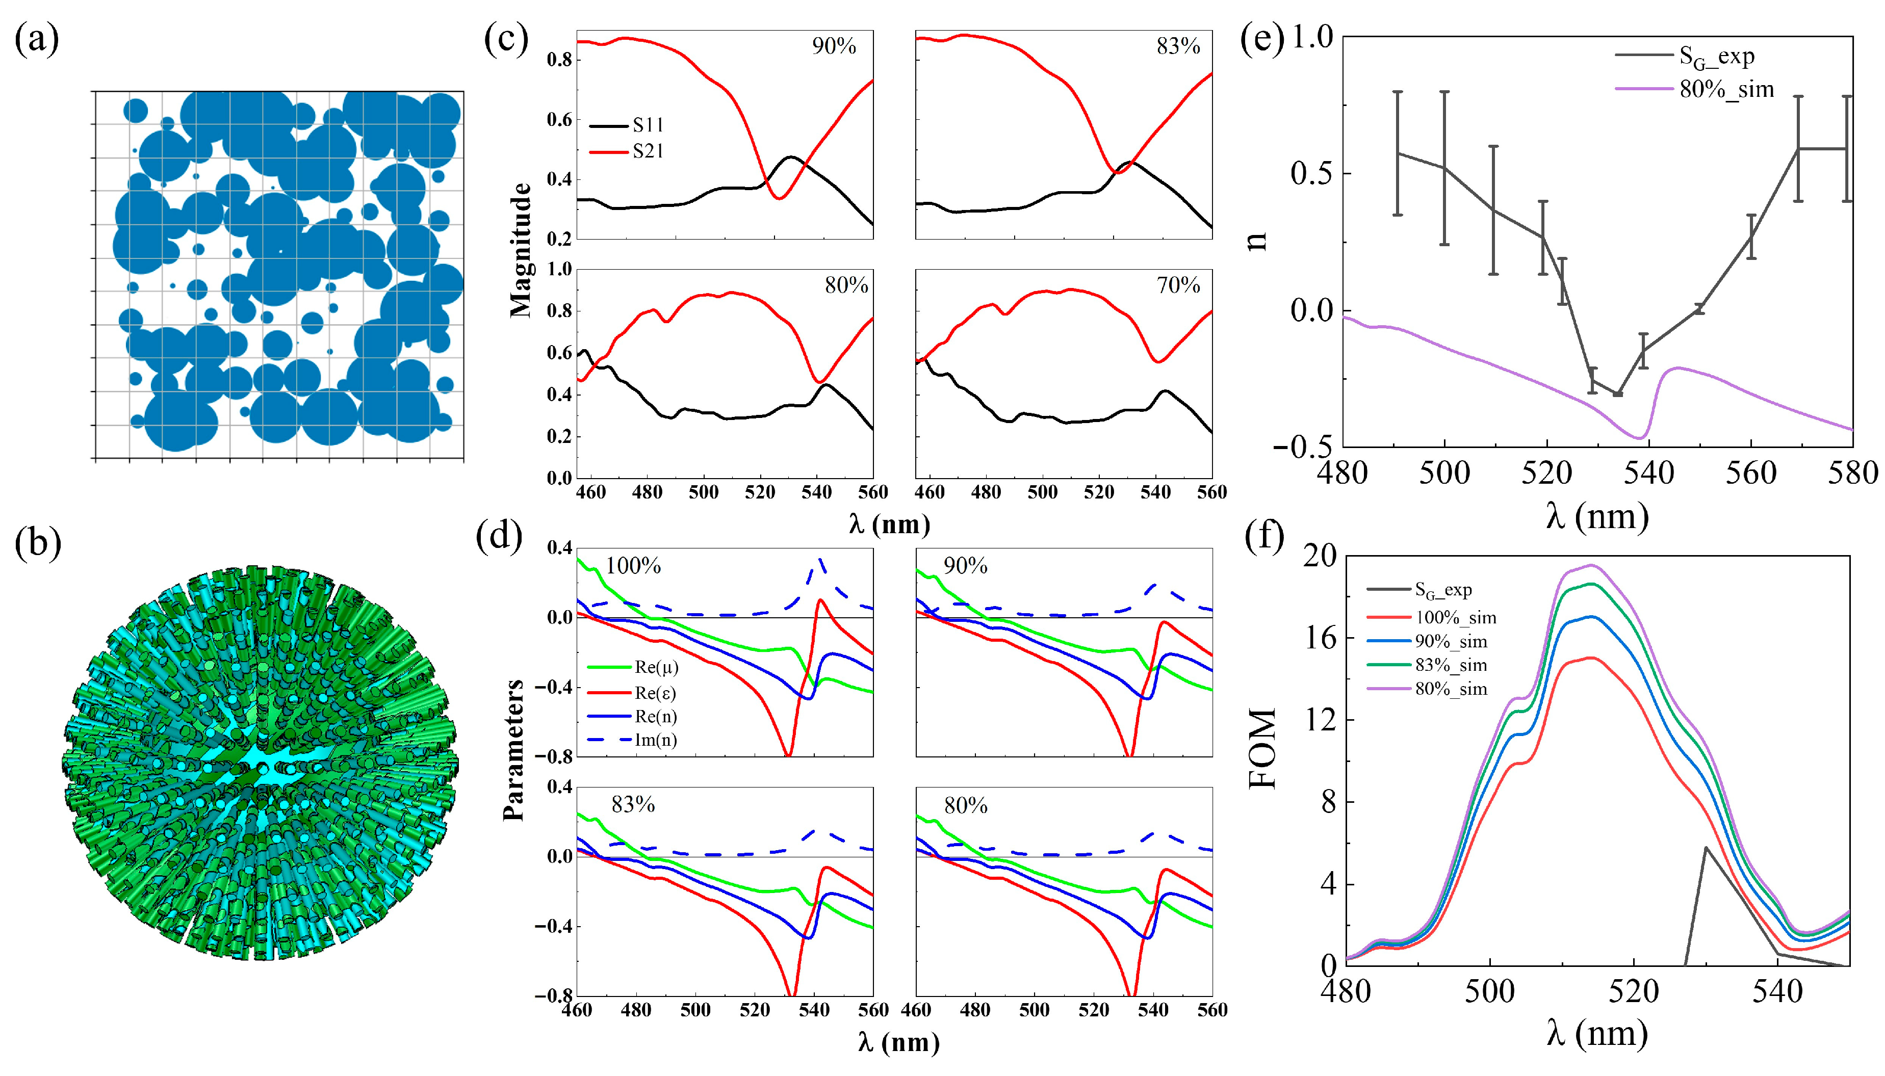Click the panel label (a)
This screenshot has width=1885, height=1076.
(x=36, y=39)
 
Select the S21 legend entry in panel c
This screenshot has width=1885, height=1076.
(x=648, y=151)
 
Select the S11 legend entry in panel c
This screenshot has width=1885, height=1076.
(x=648, y=125)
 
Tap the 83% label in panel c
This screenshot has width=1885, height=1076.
(x=1178, y=46)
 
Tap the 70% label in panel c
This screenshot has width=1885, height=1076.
(x=1178, y=285)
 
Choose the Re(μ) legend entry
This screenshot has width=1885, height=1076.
(x=656, y=667)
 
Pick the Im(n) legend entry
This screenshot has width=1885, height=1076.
(x=656, y=740)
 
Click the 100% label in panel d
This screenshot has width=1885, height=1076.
(x=633, y=566)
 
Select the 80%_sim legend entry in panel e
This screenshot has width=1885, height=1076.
(x=1726, y=89)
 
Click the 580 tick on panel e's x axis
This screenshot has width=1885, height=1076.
(x=1852, y=474)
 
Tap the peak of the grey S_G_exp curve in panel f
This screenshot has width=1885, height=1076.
(x=1706, y=848)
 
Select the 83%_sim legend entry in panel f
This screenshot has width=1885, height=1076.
(x=1451, y=665)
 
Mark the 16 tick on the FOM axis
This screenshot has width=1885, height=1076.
(x=1320, y=637)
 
